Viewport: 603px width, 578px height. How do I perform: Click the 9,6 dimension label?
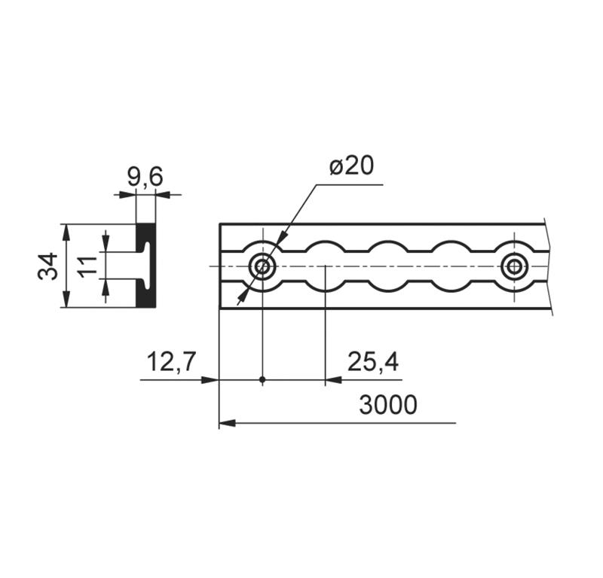click(x=145, y=177)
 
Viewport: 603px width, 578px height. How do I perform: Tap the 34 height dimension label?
click(x=47, y=266)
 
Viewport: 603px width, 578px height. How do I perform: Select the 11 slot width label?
click(x=87, y=266)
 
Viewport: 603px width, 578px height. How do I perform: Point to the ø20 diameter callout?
click(x=351, y=166)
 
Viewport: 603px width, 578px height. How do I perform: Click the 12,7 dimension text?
click(x=172, y=362)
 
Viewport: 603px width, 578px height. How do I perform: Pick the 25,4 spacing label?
click(x=372, y=362)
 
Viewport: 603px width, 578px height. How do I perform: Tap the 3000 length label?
click(x=387, y=405)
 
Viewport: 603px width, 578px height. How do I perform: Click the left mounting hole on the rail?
click(x=262, y=266)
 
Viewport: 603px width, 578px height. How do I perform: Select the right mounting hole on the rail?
click(x=514, y=266)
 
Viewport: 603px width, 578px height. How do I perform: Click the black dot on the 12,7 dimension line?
click(x=262, y=380)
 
